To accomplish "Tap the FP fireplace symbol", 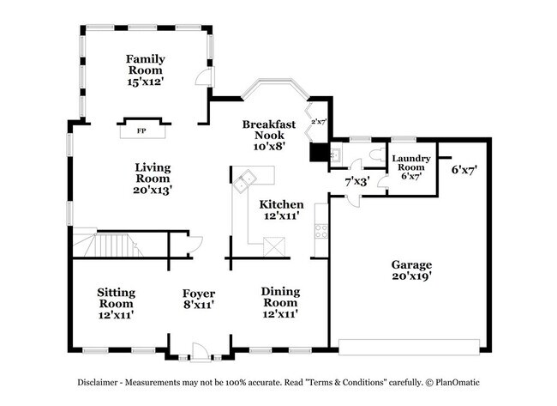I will (141, 131).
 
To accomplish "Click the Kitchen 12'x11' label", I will (281, 210).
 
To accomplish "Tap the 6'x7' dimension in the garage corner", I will (464, 170).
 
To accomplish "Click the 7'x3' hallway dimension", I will (356, 182).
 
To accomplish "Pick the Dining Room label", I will (280, 303).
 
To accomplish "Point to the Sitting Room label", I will (115, 303).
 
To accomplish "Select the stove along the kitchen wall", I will (321, 230).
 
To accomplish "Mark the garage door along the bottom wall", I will (409, 346).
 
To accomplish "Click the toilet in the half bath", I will (374, 155).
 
